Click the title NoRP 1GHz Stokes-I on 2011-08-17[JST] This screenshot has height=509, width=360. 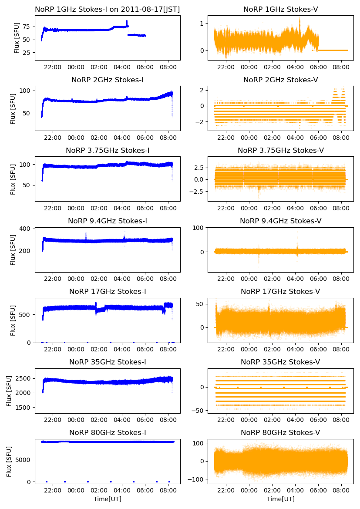[x=108, y=9]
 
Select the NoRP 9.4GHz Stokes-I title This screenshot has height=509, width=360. [x=108, y=221]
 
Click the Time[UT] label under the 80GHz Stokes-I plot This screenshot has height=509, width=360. [x=108, y=499]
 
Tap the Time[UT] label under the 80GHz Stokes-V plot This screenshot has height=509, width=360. [x=280, y=499]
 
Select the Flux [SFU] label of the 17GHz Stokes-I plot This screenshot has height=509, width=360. [x=13, y=320]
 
